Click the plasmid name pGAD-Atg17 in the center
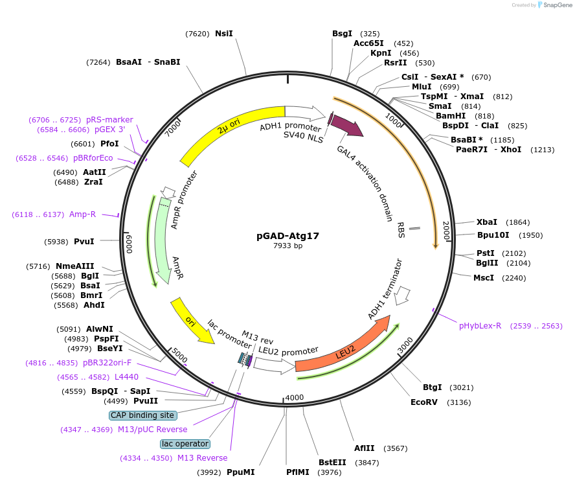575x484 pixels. click(x=287, y=236)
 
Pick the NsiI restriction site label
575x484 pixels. click(x=224, y=34)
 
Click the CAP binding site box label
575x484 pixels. click(x=142, y=415)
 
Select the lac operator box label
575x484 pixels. click(x=185, y=444)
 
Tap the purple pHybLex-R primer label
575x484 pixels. click(x=480, y=326)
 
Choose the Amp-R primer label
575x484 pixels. click(x=82, y=214)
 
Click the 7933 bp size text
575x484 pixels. click(x=287, y=246)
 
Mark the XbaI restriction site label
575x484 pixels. click(x=487, y=222)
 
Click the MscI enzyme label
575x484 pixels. click(x=483, y=278)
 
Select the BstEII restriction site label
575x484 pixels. click(x=333, y=462)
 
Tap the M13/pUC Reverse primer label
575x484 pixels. click(x=152, y=430)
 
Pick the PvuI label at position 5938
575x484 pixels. click(x=84, y=242)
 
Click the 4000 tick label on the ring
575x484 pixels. click(x=294, y=397)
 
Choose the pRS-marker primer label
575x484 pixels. click(x=109, y=120)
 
